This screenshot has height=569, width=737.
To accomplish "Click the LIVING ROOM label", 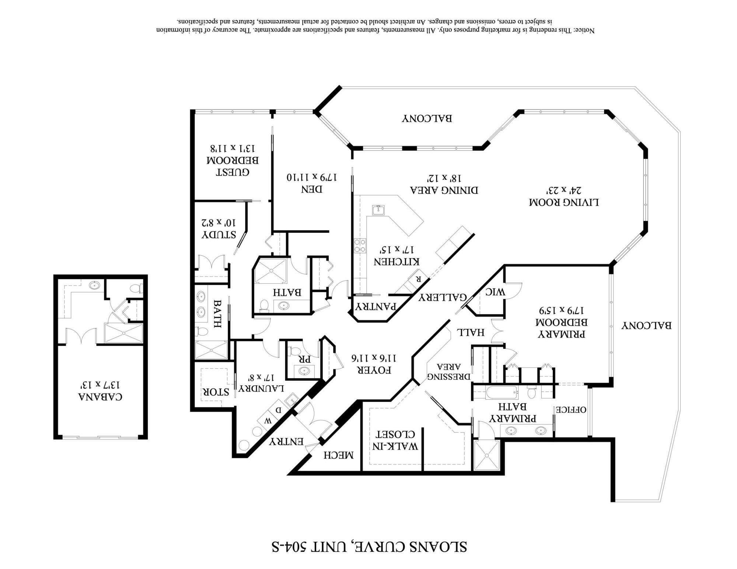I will coord(564,202).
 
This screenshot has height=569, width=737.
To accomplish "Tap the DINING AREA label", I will coord(444,190).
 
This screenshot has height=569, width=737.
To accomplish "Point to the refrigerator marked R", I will coord(419,278).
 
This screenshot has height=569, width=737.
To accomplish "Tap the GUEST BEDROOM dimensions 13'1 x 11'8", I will coord(233,148).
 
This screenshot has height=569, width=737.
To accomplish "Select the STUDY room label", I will coord(219,235).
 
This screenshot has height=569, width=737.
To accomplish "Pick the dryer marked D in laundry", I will coord(279,410).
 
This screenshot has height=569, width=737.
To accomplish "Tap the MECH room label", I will coord(339,455).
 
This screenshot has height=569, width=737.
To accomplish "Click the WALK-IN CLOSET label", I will coord(396,440).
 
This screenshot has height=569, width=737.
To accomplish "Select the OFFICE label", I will coord(571,410).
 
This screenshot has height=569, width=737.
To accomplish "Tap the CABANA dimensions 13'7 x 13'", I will coord(100,385).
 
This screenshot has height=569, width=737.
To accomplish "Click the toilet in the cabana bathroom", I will coord(137,288).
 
